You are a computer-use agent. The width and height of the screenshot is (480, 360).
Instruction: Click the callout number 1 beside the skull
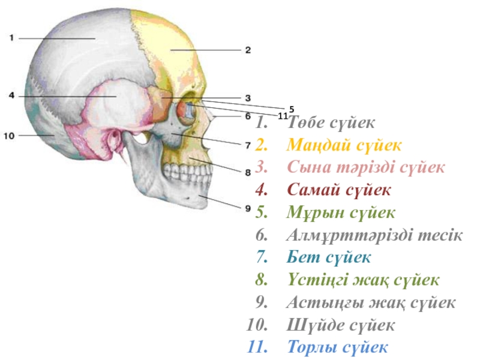tap(11, 38)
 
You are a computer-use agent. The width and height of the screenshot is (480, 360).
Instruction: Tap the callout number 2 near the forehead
tap(247, 50)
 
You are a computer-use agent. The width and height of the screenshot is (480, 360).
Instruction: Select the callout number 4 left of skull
tap(11, 95)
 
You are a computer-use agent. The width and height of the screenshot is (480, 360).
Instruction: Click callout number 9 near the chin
tap(247, 208)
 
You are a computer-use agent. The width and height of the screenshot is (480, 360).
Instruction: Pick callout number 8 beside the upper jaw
tap(247, 172)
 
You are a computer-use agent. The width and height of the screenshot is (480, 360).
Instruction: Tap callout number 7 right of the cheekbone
tap(247, 145)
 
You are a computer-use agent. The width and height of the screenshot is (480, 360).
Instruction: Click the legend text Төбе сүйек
tap(331, 123)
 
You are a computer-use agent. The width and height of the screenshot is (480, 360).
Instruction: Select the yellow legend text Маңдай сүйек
tap(344, 145)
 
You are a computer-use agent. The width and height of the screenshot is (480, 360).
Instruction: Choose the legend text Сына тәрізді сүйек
tap(365, 167)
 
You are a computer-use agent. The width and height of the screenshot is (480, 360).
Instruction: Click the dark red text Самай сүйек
tap(339, 190)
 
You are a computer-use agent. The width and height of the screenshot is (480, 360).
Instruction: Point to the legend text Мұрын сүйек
tap(341, 212)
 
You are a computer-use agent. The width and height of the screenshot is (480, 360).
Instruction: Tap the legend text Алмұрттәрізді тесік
tap(374, 235)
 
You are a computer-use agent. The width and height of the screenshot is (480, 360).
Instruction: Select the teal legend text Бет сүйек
tap(329, 257)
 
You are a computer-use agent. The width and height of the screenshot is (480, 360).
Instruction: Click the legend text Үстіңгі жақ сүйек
tap(363, 280)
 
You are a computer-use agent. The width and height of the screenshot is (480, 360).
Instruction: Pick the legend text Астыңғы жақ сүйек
tap(371, 302)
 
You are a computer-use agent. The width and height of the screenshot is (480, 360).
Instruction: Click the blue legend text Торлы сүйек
tap(338, 347)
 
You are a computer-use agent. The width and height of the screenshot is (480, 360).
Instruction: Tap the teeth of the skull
tap(186, 174)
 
